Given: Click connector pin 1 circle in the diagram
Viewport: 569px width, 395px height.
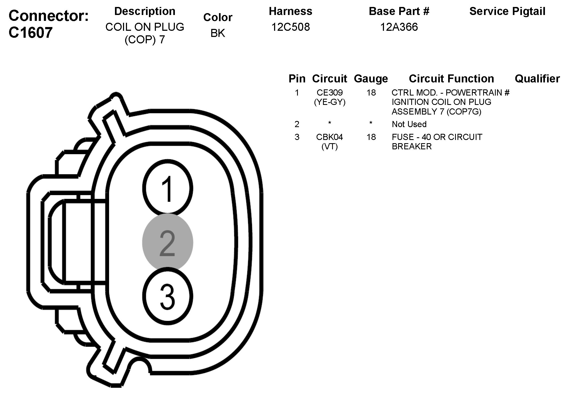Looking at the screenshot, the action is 168,188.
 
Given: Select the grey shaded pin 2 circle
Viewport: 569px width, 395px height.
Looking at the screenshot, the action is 168,242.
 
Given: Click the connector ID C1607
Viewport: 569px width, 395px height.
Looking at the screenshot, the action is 30,33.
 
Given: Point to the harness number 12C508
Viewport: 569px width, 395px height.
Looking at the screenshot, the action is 291,27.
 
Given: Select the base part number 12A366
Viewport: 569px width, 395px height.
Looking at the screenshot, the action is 399,27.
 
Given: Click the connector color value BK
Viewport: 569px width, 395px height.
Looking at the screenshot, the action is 218,33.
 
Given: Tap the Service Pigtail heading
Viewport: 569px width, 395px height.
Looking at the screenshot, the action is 507,11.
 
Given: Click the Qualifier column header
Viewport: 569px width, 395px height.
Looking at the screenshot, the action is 537,79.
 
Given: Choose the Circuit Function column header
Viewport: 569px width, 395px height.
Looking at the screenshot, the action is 451,79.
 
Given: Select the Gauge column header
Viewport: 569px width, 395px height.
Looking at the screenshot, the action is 371,79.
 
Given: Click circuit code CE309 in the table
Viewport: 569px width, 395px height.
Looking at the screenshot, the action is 330,93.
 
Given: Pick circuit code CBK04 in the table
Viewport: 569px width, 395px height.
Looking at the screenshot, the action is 329,137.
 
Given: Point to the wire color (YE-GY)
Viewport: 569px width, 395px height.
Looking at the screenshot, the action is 330,102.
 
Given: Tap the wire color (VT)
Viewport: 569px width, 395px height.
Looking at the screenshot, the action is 329,146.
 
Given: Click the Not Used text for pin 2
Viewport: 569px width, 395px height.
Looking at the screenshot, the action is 409,124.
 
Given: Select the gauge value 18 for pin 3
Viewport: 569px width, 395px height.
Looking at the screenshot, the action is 371,137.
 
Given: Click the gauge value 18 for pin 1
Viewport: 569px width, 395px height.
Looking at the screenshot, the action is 371,93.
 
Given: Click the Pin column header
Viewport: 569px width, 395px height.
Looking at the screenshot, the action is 297,79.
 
